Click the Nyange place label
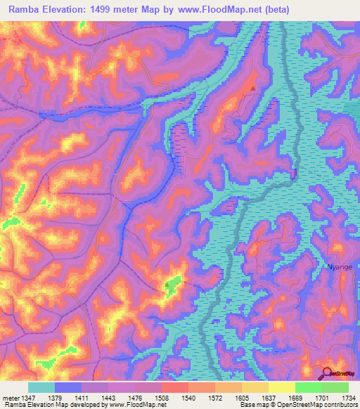click(339, 267)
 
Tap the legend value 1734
click(348, 398)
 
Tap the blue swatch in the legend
click(68, 387)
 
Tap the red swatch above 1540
click(175, 387)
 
